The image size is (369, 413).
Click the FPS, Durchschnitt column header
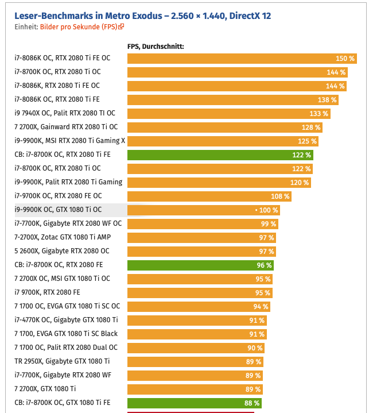(155, 47)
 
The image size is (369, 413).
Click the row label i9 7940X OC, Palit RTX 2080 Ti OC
(65, 113)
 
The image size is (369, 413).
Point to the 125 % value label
(307, 141)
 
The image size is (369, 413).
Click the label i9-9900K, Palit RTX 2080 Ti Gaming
(68, 182)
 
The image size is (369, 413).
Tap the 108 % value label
(280, 196)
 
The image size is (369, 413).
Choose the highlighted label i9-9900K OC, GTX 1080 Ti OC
(58, 210)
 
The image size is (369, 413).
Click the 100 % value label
(268, 210)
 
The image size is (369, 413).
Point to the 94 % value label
(261, 307)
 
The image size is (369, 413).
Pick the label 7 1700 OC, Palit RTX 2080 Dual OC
(66, 348)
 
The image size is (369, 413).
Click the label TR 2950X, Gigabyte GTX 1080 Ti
(62, 361)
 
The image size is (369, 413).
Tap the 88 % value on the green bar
(252, 403)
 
